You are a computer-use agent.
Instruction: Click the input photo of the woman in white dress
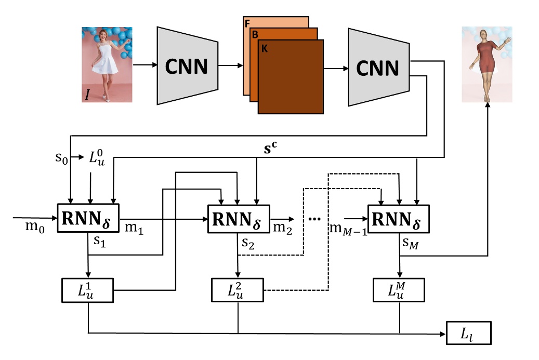(x=107, y=64)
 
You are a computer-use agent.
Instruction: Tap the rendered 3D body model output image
(x=487, y=64)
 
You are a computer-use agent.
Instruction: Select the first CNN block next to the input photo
(x=187, y=65)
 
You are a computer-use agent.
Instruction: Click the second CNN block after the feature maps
(x=379, y=68)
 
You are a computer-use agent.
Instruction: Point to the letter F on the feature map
(x=247, y=24)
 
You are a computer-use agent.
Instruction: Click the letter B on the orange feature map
(x=255, y=35)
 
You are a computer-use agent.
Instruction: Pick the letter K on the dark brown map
(x=265, y=49)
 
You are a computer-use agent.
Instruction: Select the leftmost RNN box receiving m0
(x=88, y=218)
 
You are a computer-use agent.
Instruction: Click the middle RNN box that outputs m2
(x=239, y=219)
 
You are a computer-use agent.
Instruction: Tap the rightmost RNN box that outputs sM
(x=399, y=219)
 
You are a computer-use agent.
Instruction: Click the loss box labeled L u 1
(x=88, y=290)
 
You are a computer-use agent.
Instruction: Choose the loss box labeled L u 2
(x=238, y=290)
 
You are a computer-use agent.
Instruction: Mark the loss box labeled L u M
(x=399, y=290)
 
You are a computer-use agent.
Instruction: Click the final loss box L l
(x=469, y=333)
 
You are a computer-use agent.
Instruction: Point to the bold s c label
(x=270, y=148)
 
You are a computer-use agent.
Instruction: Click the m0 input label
(x=35, y=226)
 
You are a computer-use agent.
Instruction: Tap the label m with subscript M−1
(x=348, y=229)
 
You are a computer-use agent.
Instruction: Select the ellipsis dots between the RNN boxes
(x=314, y=219)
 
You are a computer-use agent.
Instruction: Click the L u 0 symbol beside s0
(x=97, y=157)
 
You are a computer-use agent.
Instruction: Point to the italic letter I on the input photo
(x=87, y=94)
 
